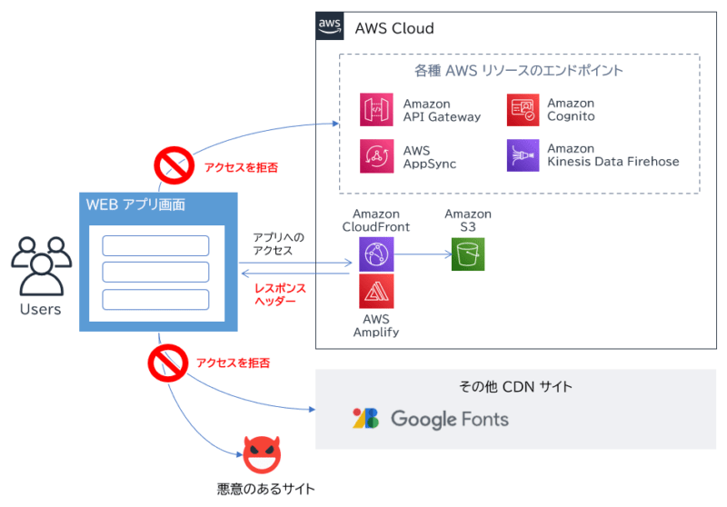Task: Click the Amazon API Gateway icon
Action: coord(376,110)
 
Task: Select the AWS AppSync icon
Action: coord(376,155)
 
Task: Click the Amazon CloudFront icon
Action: coord(375,254)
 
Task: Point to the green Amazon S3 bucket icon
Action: coord(468,254)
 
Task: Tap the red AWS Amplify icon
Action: coord(375,292)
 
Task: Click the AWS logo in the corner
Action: coord(330,26)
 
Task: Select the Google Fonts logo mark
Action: coord(365,419)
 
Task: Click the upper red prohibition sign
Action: coord(171,166)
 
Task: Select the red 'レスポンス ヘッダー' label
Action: coord(280,294)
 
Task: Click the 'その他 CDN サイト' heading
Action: coord(515,387)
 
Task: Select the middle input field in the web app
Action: coord(155,272)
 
